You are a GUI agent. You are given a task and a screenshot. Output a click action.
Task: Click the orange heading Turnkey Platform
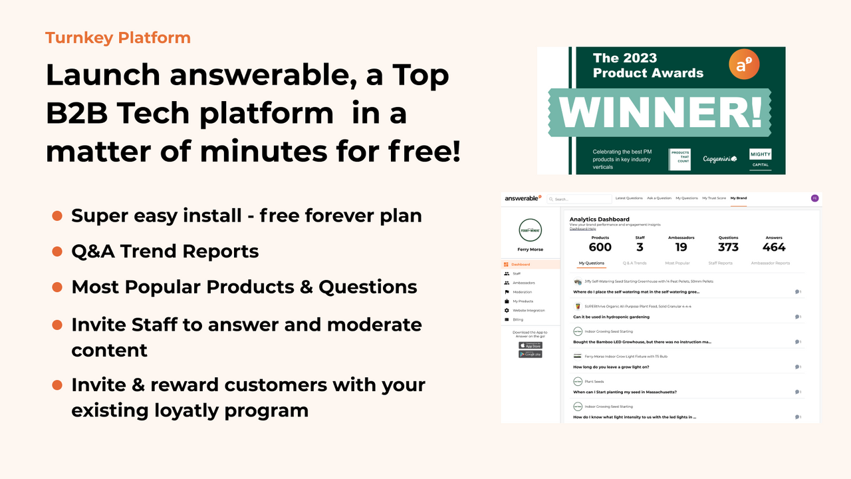pos(118,38)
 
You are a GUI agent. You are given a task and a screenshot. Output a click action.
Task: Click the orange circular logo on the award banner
pos(744,65)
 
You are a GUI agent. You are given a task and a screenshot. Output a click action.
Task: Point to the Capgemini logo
pos(720,159)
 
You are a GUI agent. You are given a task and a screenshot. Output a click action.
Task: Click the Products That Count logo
pos(679,159)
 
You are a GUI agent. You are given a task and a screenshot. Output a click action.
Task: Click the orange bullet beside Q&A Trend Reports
pos(57,251)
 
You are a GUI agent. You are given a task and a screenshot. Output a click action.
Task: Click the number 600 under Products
pos(600,247)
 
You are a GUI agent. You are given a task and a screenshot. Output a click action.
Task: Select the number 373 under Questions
pos(728,247)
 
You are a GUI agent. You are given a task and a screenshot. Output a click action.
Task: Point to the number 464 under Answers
pos(774,247)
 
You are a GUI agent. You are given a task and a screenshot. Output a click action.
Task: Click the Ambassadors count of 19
pos(681,247)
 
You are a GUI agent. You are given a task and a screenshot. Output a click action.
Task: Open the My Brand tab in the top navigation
pos(738,198)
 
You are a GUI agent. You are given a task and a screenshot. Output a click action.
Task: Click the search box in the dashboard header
pos(579,199)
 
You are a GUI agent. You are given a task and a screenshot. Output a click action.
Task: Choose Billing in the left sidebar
pos(517,320)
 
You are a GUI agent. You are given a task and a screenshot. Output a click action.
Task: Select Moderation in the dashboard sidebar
pos(522,292)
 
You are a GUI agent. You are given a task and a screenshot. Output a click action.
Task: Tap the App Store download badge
pos(531,345)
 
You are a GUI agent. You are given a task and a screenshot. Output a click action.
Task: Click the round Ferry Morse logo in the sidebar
pos(530,230)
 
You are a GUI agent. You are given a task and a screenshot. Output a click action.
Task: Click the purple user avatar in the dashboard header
pos(814,198)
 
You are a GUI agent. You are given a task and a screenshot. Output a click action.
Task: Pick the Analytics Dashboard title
pos(599,219)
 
